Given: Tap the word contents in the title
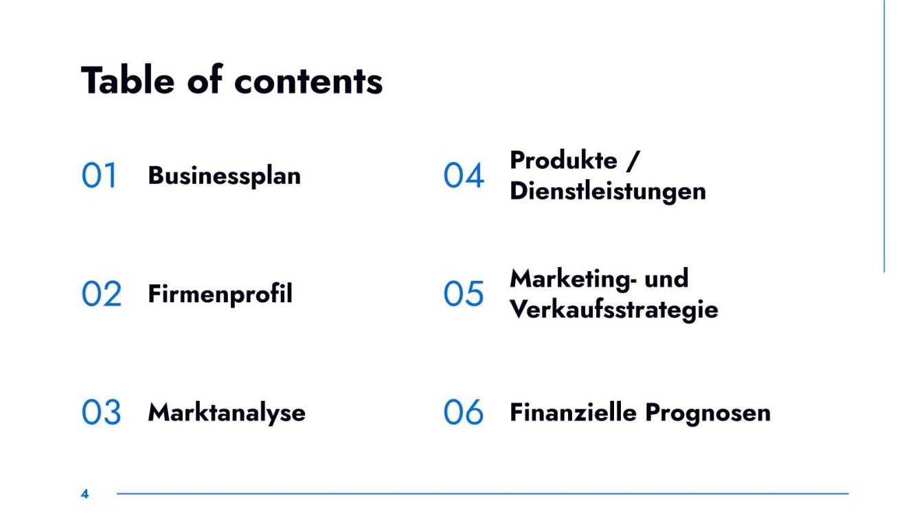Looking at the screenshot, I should click(x=308, y=81).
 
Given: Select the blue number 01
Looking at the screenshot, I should click(x=100, y=176).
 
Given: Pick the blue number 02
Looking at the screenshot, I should click(x=102, y=294).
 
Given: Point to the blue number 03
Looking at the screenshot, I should click(x=102, y=412).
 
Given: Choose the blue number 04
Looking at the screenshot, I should click(x=464, y=176).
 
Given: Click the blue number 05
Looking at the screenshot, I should click(x=464, y=294).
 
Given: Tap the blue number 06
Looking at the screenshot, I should click(x=464, y=412).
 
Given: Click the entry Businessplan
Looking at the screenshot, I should click(x=225, y=176).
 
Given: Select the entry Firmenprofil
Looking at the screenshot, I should click(x=220, y=294).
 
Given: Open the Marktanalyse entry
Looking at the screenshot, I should click(x=227, y=412).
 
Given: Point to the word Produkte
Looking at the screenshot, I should click(x=563, y=161).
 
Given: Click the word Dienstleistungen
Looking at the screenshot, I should click(x=608, y=191).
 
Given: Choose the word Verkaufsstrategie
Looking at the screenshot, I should click(x=614, y=309).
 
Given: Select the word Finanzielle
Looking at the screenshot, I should click(x=573, y=412).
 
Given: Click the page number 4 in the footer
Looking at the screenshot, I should click(x=84, y=494).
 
